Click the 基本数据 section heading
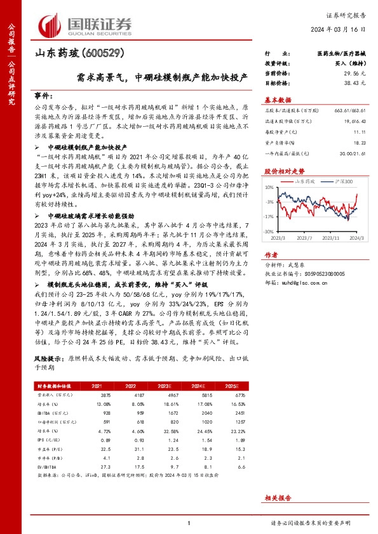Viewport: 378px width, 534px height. point(278,100)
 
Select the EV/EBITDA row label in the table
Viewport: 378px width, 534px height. point(48,466)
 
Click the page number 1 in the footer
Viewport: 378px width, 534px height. point(189,523)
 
